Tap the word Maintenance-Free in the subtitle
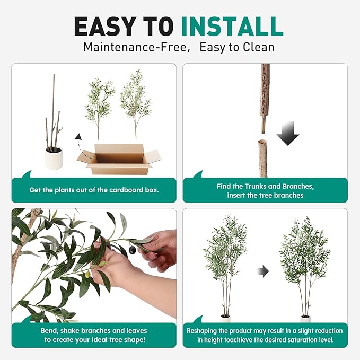[x=136, y=47]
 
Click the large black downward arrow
[x=288, y=133]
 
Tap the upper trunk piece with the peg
[x=264, y=95]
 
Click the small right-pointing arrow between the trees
[x=264, y=271]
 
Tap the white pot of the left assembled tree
[x=225, y=319]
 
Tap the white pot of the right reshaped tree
[x=305, y=319]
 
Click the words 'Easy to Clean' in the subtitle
[x=237, y=47]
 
